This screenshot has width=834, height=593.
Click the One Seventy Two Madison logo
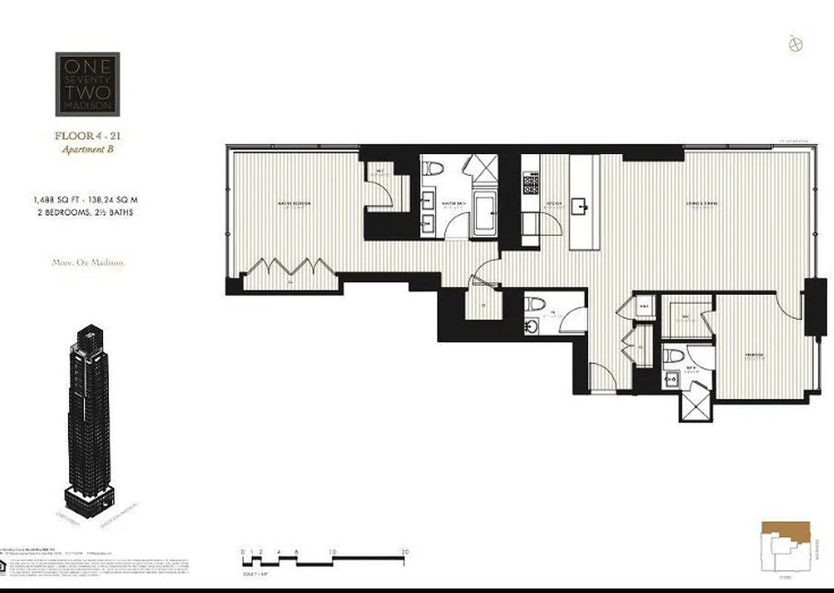pos(87,84)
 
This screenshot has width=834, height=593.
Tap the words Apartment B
pos(87,149)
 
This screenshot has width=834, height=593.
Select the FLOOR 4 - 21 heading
pos(87,136)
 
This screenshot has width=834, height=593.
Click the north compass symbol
pos(796,44)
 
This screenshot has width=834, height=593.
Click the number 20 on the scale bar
pos(405,552)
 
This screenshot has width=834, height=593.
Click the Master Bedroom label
pos(293,204)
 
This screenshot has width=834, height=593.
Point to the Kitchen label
pos(553,204)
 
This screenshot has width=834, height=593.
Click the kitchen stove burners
pos(531,182)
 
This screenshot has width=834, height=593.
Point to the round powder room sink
pos(533,325)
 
